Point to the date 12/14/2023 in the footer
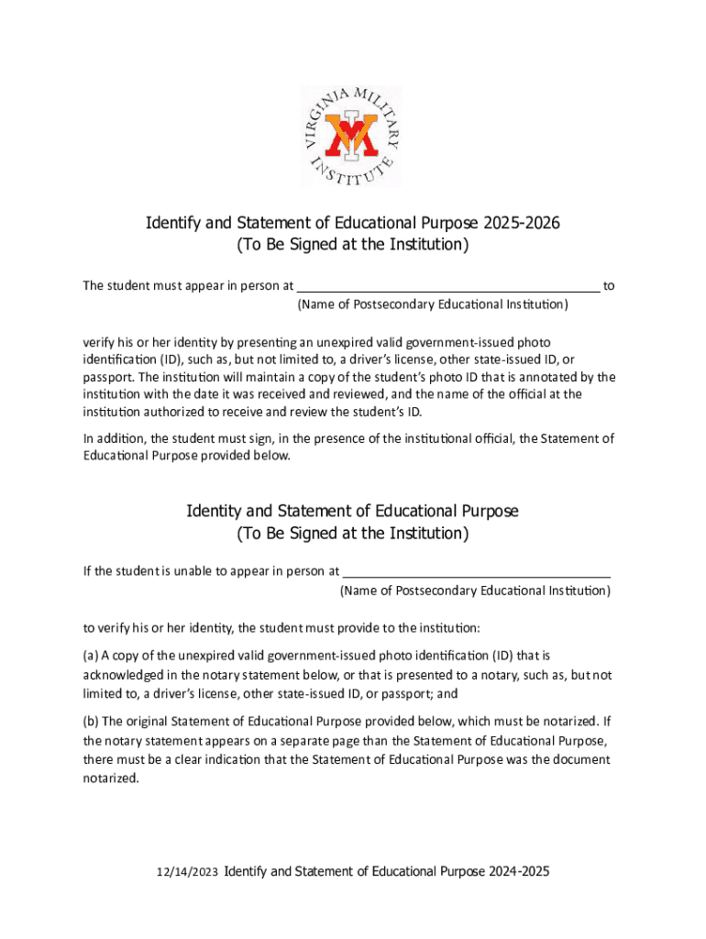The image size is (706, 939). pos(188,873)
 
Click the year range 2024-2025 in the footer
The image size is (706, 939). pos(518,872)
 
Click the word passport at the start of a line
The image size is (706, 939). pos(108,377)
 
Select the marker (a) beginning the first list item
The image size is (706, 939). pos(90,656)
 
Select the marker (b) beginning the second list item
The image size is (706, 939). pos(90,720)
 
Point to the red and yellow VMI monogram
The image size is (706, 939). pos(353,133)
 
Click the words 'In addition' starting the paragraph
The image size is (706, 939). pos(113,438)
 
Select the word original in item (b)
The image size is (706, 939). pos(145,720)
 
